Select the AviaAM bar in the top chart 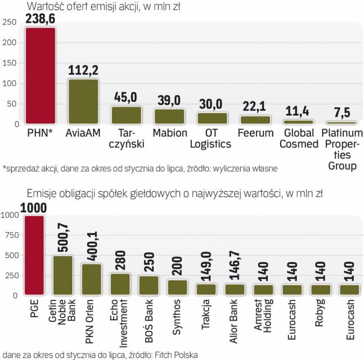(x=83, y=101)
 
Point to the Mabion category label (x=169, y=134)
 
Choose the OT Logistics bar (x=212, y=118)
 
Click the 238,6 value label (x=40, y=19)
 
